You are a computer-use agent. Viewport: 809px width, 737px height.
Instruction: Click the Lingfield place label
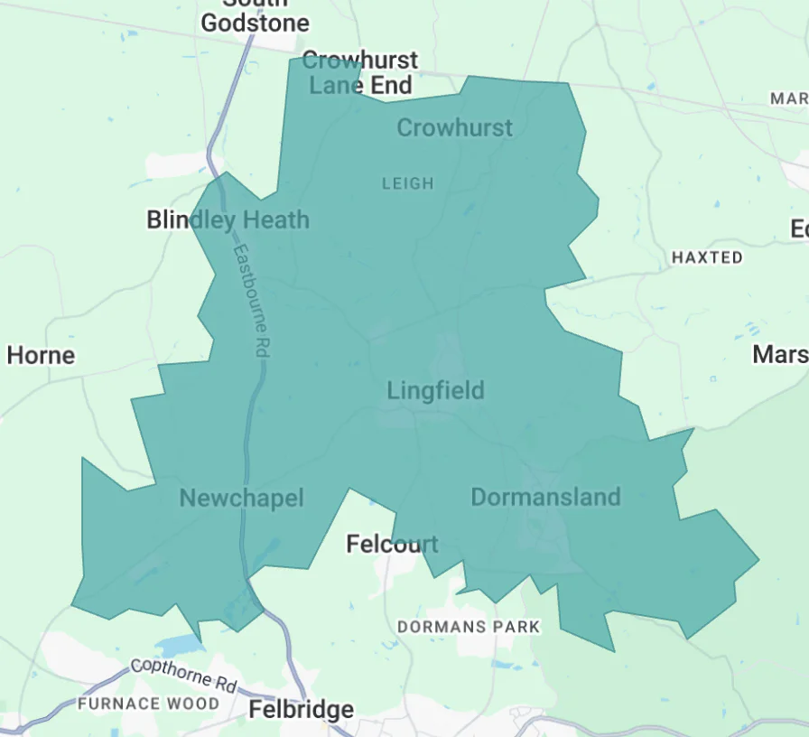[435, 390]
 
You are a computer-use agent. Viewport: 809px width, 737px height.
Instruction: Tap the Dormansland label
[545, 497]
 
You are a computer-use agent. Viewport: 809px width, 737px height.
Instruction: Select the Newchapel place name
[241, 498]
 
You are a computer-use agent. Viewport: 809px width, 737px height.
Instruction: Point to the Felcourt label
[393, 544]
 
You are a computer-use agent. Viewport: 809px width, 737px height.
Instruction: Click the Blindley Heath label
[228, 219]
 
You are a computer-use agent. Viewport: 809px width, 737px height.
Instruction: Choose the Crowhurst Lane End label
[360, 73]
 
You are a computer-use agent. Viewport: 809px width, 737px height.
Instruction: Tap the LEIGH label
[408, 183]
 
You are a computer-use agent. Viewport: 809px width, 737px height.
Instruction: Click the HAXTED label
[707, 257]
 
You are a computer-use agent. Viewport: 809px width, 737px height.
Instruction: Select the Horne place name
[41, 355]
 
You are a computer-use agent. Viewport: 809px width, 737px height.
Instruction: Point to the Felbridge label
[302, 710]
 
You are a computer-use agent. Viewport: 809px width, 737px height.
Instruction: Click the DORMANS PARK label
[469, 627]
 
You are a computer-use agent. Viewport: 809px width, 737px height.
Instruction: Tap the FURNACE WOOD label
[148, 704]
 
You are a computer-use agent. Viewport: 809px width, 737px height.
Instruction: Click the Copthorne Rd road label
[184, 673]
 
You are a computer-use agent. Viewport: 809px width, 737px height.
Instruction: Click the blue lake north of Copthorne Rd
[179, 645]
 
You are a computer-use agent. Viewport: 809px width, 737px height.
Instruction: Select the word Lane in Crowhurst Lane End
[335, 86]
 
